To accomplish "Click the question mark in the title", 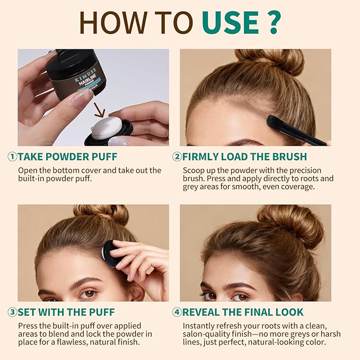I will click(x=272, y=22).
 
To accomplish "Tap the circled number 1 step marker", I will click(x=12, y=156).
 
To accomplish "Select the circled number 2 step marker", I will click(x=177, y=156).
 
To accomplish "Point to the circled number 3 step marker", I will click(x=12, y=312).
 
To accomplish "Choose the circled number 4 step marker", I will click(x=177, y=312).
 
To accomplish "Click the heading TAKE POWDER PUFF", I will click(x=67, y=156).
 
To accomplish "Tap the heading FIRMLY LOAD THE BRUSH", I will click(x=244, y=156).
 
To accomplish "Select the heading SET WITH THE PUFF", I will click(x=66, y=312).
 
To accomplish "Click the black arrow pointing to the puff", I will click(x=99, y=111).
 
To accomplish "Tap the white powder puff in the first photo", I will click(x=106, y=128).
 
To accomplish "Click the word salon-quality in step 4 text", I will click(x=212, y=334).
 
